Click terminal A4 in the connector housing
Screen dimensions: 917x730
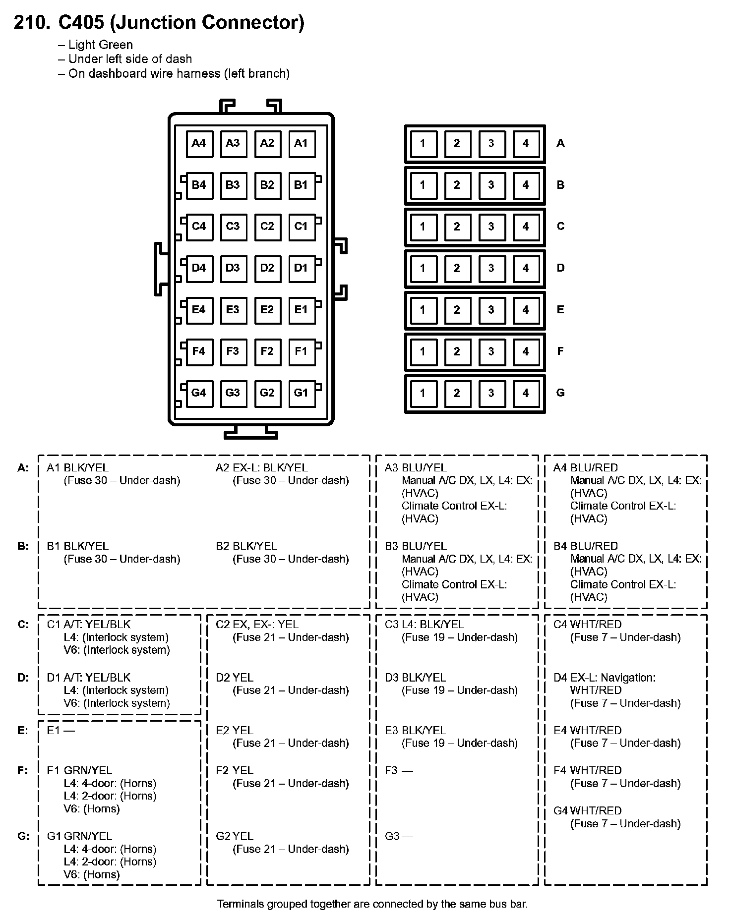(199, 144)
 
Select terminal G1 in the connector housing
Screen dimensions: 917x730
(301, 393)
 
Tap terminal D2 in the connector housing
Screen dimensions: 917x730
(267, 268)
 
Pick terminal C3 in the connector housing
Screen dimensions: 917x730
(233, 227)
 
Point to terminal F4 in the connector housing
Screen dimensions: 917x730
(199, 351)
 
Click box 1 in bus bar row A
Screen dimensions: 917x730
(423, 144)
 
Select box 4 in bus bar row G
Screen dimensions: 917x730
(526, 393)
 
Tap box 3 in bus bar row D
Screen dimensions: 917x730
(491, 268)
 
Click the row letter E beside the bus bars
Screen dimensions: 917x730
(560, 310)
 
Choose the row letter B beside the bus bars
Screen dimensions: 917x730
(560, 185)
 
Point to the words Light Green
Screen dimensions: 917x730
(101, 45)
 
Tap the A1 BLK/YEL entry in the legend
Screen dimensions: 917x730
(77, 468)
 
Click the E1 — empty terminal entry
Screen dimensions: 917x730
(61, 731)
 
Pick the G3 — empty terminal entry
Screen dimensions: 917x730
(399, 836)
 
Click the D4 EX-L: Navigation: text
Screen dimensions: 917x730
(605, 678)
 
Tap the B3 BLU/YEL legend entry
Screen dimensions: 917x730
(416, 546)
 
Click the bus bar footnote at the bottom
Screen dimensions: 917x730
(372, 904)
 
